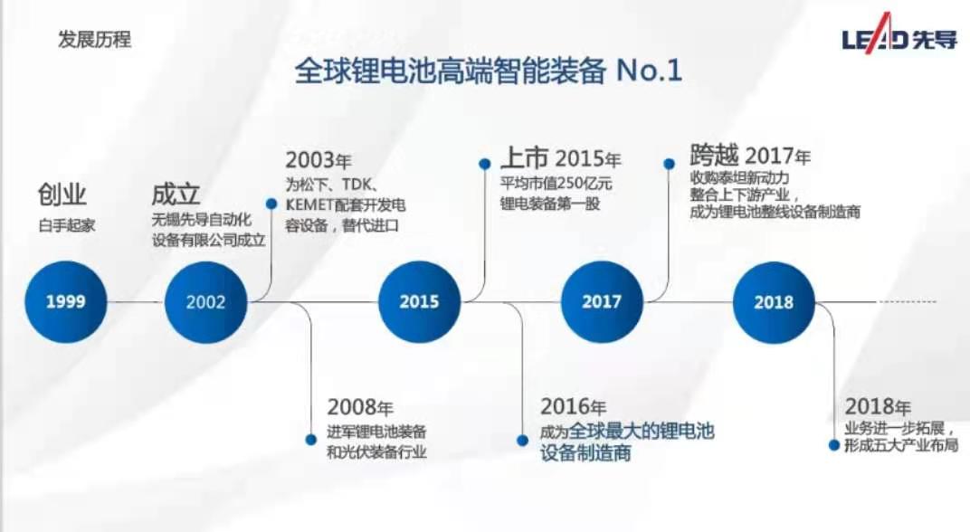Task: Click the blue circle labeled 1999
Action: [65, 302]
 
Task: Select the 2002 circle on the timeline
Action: [206, 302]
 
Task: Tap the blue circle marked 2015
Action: [420, 302]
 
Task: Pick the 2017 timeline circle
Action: [602, 302]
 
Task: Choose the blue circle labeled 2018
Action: [774, 302]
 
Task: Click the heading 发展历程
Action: [95, 40]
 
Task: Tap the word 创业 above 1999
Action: [62, 195]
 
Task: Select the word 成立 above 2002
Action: [176, 195]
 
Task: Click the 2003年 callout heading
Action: [318, 160]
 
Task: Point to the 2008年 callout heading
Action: [360, 407]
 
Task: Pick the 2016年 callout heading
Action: [573, 406]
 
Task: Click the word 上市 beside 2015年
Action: [525, 157]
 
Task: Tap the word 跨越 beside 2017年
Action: [715, 155]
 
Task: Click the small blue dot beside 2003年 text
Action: [271, 204]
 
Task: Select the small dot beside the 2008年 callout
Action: [311, 440]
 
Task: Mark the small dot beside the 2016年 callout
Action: [523, 441]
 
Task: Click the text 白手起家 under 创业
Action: [67, 225]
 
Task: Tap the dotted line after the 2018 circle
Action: [907, 302]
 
